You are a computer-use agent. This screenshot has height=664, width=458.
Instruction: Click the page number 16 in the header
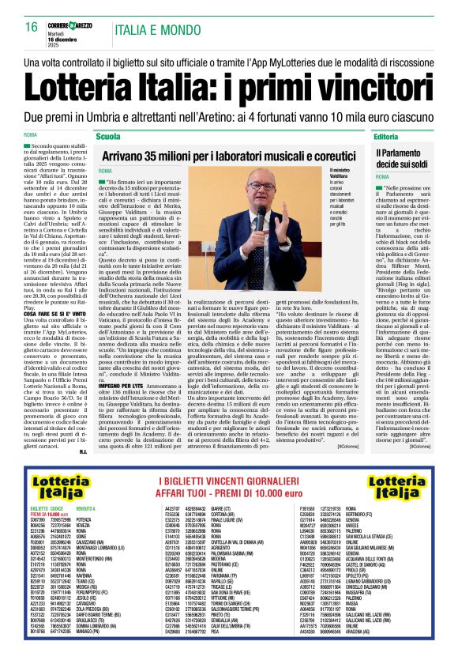point(31,26)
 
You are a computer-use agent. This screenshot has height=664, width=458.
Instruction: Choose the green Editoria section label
point(408,137)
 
